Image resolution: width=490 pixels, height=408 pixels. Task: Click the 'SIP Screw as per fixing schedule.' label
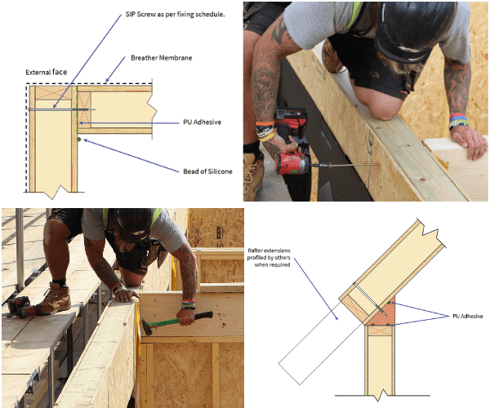click(x=175, y=15)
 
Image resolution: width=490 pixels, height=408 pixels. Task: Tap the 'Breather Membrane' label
click(x=161, y=58)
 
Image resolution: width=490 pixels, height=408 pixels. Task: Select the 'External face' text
click(x=47, y=72)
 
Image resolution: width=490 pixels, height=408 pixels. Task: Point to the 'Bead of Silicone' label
click(x=207, y=171)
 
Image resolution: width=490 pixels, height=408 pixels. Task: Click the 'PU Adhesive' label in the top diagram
click(x=203, y=122)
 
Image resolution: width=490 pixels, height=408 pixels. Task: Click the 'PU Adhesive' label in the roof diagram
click(x=467, y=317)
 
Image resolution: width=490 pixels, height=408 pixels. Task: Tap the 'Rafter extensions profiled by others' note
click(x=269, y=258)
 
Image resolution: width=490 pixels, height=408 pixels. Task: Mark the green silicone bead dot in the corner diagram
click(x=79, y=140)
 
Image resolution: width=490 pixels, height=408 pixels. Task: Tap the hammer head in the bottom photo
click(x=146, y=326)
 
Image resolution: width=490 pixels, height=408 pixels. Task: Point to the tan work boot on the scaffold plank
click(x=54, y=298)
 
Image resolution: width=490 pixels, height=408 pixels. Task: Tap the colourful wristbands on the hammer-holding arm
click(x=189, y=304)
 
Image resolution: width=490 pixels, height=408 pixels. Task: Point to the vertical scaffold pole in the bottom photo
click(x=20, y=250)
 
